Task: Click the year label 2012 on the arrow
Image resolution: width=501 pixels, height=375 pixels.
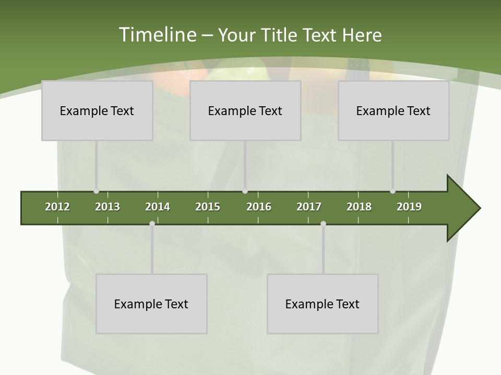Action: coord(57,207)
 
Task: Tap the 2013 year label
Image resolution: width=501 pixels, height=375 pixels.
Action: coord(108,207)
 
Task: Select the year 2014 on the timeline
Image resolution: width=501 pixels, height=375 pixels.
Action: coord(158,207)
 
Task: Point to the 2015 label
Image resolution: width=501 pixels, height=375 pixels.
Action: coord(208,207)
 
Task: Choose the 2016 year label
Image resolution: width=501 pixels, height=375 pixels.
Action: coord(259,207)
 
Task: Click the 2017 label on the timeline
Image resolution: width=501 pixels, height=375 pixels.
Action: coord(309,207)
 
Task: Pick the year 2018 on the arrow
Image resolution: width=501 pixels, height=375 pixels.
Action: coord(359,207)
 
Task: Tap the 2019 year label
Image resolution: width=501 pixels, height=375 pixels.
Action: coord(409,207)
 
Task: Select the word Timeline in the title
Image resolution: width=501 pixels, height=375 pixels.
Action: coord(157,35)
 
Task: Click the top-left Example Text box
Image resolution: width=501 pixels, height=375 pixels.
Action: coord(97,110)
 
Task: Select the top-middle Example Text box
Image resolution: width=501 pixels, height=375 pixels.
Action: coord(245,110)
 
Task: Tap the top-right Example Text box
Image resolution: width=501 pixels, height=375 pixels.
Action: coord(393,110)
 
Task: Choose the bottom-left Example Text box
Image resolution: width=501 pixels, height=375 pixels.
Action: coord(151,304)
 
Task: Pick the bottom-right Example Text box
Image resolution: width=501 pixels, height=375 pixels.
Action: coord(323,304)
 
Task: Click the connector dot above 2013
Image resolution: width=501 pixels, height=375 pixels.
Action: coord(96,191)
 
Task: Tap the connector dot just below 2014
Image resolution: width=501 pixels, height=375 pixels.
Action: coord(152,223)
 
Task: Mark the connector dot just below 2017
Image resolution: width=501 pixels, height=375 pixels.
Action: coord(323,223)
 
